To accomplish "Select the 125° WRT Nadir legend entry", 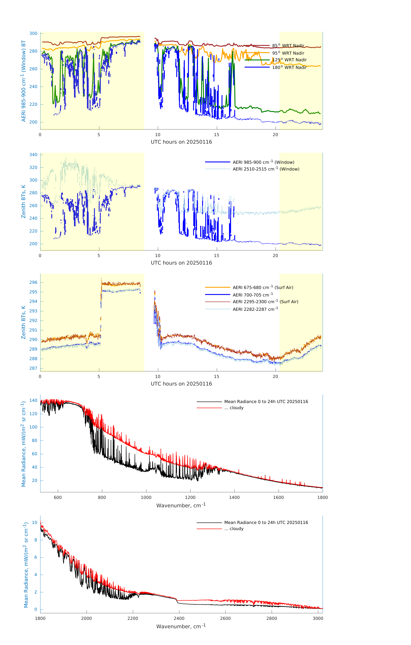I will pos(289,60).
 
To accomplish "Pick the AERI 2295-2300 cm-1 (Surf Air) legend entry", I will pos(265,302).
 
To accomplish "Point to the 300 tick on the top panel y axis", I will pos(33,33).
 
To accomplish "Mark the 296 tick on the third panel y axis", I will pos(33,282).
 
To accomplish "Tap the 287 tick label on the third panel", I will pos(33,368).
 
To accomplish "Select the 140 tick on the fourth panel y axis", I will pos(33,400).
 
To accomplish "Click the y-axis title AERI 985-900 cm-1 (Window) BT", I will pos(24,81).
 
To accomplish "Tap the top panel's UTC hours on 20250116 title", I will pos(181,142).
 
